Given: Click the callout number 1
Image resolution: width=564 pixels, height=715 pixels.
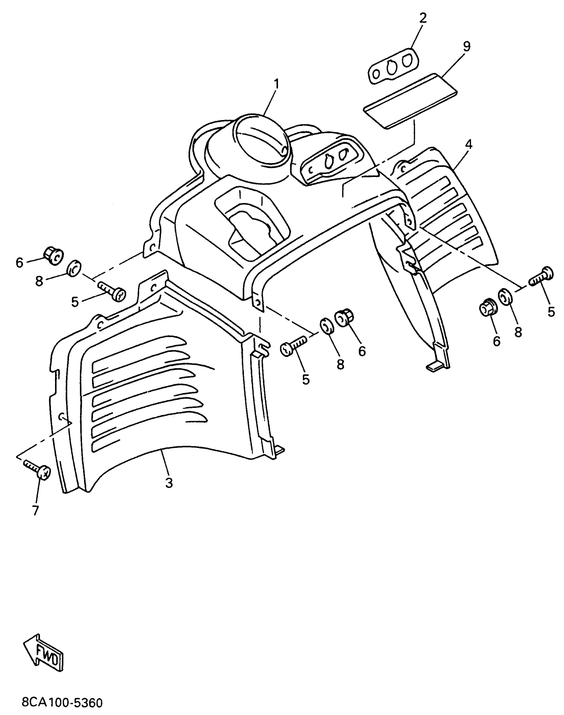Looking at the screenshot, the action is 276,85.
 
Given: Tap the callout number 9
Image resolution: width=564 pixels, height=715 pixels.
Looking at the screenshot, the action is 466,46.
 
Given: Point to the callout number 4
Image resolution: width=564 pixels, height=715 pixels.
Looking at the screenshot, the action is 468,144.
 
